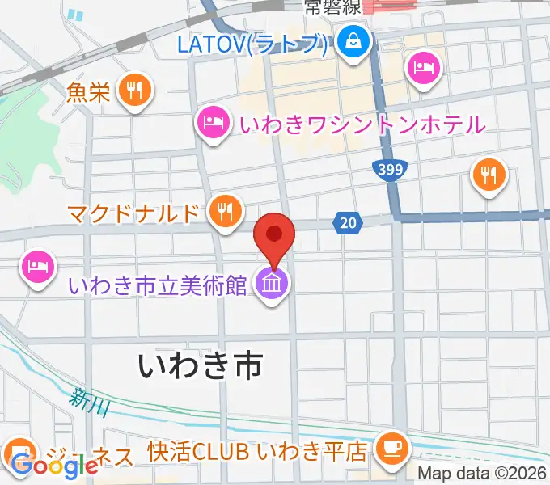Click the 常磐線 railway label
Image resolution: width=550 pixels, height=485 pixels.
click(x=332, y=9)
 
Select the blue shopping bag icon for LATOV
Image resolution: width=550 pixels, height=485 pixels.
click(x=354, y=40)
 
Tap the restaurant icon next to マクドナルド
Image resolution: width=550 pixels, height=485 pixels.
click(x=224, y=212)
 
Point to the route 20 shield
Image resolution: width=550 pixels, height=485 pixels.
click(x=345, y=221)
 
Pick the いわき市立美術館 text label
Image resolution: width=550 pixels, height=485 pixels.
click(x=158, y=285)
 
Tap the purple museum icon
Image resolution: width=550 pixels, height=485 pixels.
click(x=270, y=284)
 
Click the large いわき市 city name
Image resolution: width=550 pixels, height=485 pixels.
click(x=201, y=365)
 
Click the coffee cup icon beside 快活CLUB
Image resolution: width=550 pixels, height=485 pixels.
click(x=393, y=446)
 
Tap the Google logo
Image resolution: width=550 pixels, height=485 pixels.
click(x=54, y=466)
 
